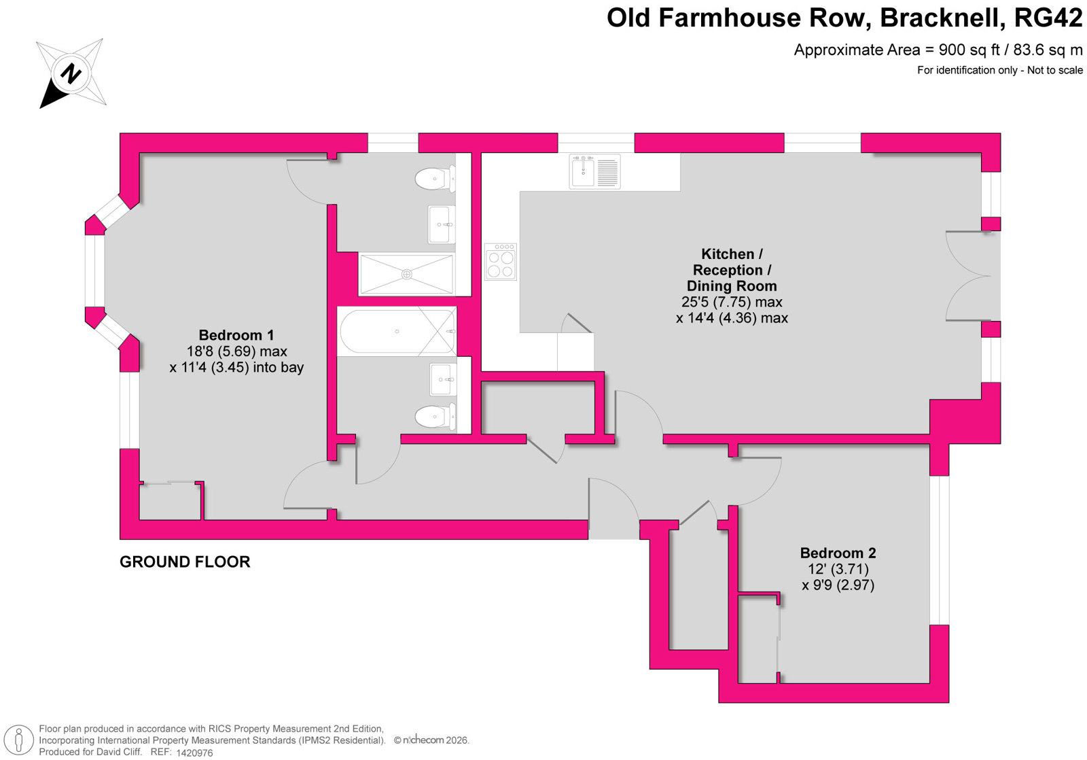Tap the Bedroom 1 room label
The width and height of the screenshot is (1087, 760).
[x=236, y=335]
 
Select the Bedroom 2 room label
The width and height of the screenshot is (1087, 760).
[x=838, y=553]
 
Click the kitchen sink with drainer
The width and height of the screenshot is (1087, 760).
[x=594, y=171]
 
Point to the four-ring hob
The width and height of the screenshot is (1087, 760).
[x=500, y=262]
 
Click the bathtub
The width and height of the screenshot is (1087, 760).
[x=397, y=331]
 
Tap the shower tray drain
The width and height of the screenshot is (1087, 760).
[x=407, y=275]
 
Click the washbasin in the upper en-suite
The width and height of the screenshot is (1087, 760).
[x=442, y=224]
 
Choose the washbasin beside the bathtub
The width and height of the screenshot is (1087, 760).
[x=442, y=379]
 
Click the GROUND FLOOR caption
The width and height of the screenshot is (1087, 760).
[x=185, y=562]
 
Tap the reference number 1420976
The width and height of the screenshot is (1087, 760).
[x=194, y=753]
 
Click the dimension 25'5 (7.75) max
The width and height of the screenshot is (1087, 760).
[x=732, y=302]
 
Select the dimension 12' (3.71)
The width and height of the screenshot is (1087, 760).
[x=838, y=569]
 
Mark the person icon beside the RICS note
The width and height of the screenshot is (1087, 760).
[x=19, y=740]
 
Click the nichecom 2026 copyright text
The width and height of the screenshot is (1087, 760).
[x=431, y=740]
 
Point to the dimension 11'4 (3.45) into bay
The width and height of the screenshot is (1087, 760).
[x=236, y=367]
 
